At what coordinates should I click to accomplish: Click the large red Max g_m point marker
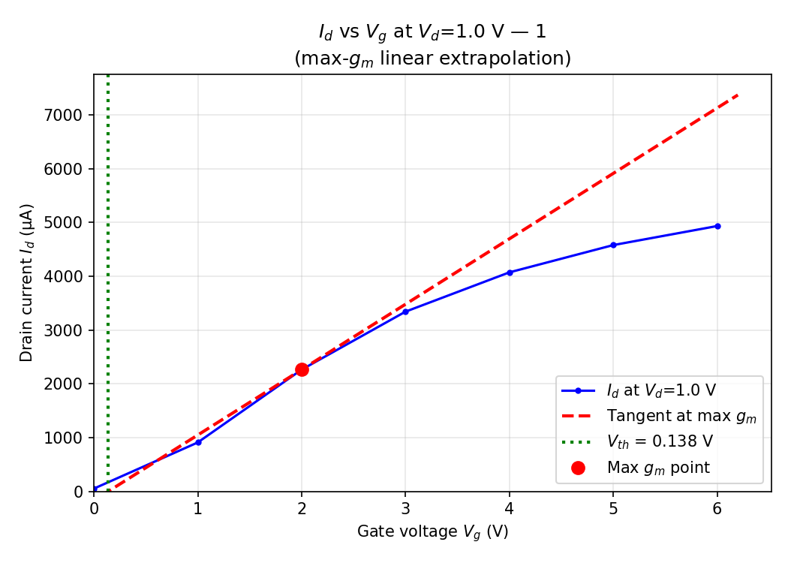(302, 369)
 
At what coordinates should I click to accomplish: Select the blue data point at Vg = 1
(198, 442)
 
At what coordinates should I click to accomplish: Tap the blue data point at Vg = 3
(405, 312)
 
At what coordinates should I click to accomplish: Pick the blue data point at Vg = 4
(510, 272)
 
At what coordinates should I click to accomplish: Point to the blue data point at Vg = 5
(613, 245)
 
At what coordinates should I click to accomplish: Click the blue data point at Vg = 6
(717, 226)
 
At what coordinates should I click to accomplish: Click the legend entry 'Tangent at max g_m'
(681, 416)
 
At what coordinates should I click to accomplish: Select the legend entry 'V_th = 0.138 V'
(660, 441)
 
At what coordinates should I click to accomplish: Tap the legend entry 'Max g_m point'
(658, 468)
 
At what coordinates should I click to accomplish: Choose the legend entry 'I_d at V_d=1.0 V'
(661, 390)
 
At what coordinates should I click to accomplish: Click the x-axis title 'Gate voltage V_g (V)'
(432, 531)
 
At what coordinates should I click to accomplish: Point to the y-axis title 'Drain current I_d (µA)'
(27, 283)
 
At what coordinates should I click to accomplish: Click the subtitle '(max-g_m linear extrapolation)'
(432, 59)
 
